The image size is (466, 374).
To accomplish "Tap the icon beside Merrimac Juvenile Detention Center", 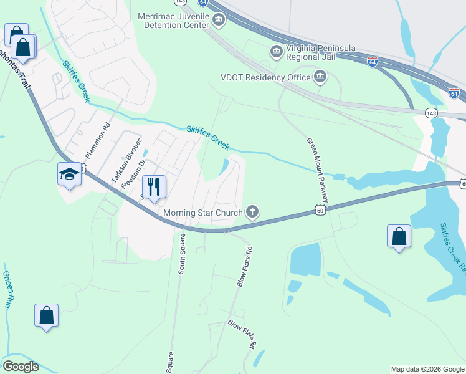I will point(218,21).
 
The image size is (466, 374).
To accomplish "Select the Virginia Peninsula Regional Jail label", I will point(310,51).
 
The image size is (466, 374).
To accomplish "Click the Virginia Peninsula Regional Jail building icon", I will point(275,51).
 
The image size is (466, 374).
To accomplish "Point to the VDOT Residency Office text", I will point(265,77).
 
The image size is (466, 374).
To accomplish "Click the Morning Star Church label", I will point(202,213).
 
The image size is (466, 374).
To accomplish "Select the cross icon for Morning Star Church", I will point(252,213).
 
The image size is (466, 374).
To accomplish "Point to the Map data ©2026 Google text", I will point(426,369).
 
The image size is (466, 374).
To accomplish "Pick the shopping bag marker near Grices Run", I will point(47,315).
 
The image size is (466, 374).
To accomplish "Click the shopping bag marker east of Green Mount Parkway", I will point(399,236).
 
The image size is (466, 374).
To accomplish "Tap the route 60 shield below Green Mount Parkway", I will point(320,211).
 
